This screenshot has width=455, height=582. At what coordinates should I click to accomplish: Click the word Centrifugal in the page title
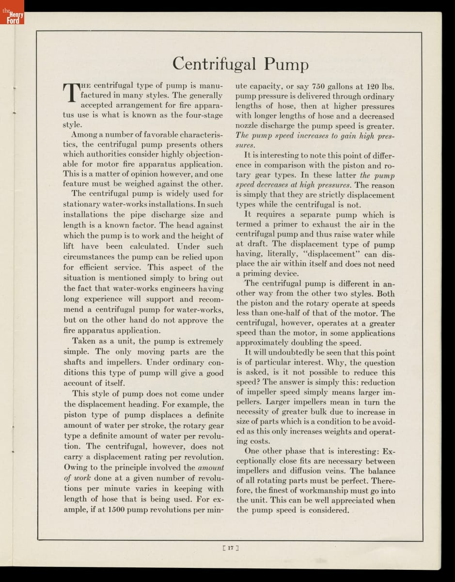point(216,64)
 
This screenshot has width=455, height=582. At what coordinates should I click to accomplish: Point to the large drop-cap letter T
point(71,92)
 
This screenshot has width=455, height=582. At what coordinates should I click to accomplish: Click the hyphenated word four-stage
point(199,115)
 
